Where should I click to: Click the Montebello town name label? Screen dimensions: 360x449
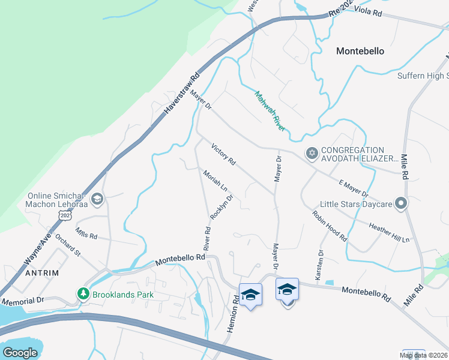tap(360, 51)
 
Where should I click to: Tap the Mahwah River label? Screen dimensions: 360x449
tap(270, 110)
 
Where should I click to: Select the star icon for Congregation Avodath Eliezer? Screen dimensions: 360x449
tap(312, 154)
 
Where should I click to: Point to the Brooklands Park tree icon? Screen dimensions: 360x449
tap(82, 295)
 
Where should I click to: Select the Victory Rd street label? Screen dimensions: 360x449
tap(224, 154)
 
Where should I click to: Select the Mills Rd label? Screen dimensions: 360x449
tap(86, 233)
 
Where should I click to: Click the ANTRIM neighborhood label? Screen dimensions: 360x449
tap(42, 272)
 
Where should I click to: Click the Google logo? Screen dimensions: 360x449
tap(20, 353)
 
